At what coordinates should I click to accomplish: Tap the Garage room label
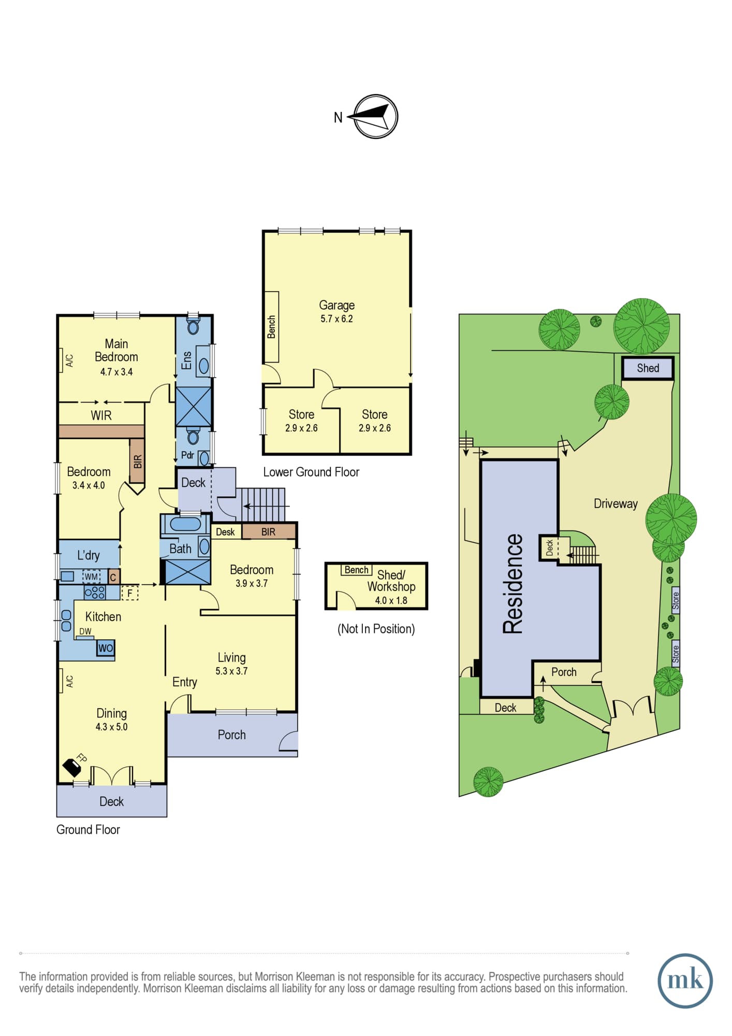click(x=336, y=305)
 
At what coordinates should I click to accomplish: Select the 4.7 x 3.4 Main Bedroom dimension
click(x=116, y=372)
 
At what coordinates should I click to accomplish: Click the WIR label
click(x=101, y=415)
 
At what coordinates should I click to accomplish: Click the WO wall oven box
click(x=106, y=648)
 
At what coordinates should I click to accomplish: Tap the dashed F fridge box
click(x=129, y=593)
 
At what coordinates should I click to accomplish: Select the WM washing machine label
click(x=91, y=577)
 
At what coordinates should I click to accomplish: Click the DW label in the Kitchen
click(x=85, y=631)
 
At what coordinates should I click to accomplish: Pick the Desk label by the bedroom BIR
click(x=225, y=532)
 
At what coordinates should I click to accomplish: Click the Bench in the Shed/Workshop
click(x=357, y=570)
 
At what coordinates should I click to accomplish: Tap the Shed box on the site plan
click(x=648, y=368)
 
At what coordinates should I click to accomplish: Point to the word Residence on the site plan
click(x=513, y=584)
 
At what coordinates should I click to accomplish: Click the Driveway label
click(x=616, y=504)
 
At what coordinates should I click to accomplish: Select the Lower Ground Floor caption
click(x=311, y=472)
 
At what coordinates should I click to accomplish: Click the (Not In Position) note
click(x=376, y=629)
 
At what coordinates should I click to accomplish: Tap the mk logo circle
click(x=685, y=981)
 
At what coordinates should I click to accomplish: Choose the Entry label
click(x=185, y=682)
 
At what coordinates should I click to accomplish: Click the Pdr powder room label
click(x=187, y=455)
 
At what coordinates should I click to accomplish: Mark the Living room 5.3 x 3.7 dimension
click(x=231, y=671)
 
